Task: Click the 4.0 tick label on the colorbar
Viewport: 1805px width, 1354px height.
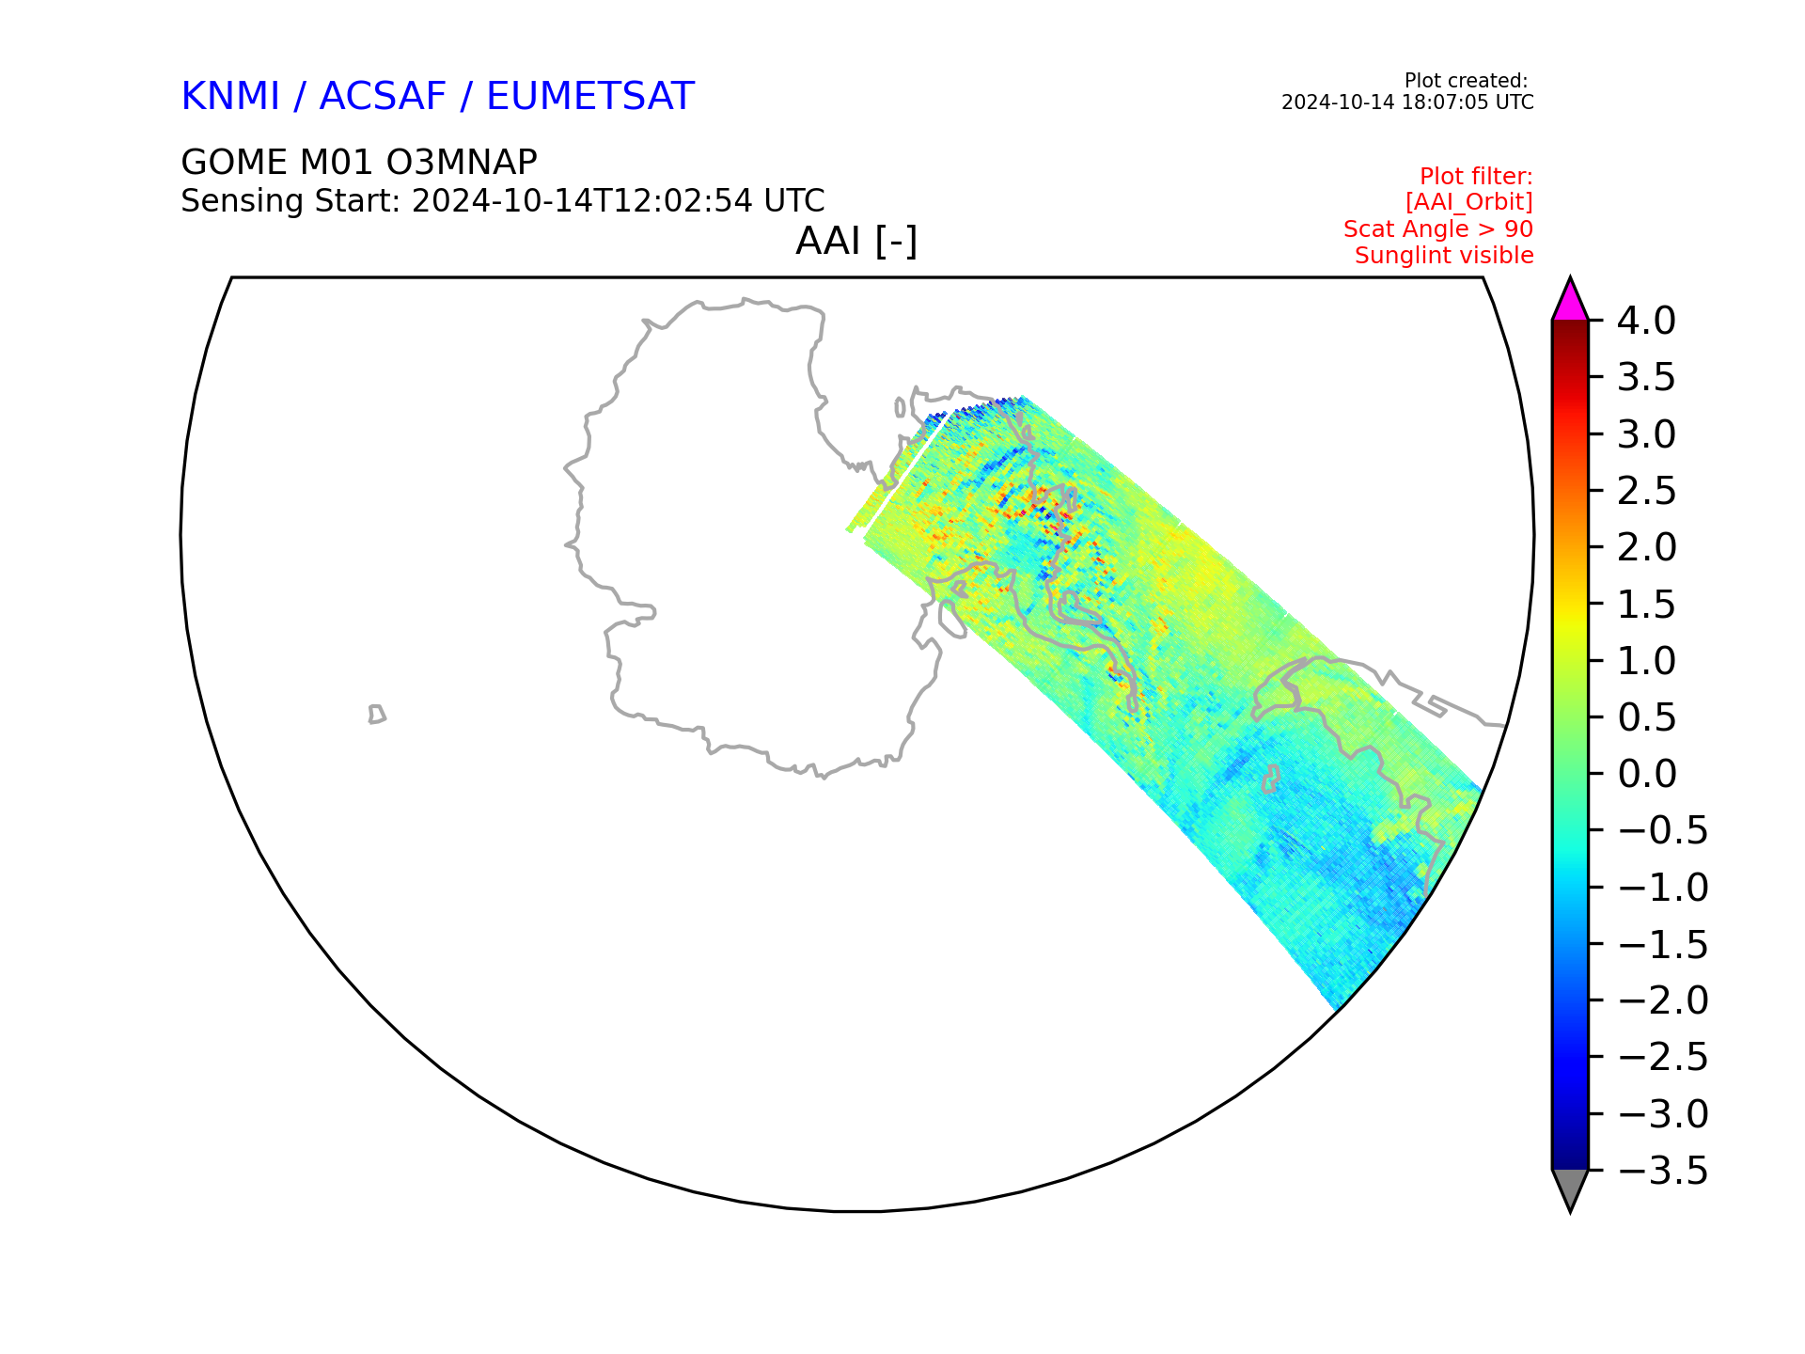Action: click(x=1646, y=321)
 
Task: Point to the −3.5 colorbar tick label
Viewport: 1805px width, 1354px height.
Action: click(x=1663, y=1172)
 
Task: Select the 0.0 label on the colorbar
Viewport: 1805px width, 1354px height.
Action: click(x=1647, y=774)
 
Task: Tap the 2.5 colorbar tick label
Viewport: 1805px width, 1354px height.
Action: click(x=1646, y=491)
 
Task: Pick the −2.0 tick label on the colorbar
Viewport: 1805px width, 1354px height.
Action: click(x=1663, y=1000)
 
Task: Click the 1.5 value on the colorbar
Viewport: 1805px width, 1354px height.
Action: click(x=1646, y=605)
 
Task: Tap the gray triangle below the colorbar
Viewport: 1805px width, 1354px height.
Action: click(x=1570, y=1190)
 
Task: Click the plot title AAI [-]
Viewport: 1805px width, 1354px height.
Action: click(x=856, y=242)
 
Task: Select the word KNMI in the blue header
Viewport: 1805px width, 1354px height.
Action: click(x=230, y=96)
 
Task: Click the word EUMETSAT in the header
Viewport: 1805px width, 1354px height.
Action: click(x=590, y=96)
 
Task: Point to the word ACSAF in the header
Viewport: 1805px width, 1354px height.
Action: click(x=383, y=96)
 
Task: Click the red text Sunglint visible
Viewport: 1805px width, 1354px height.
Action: click(x=1444, y=255)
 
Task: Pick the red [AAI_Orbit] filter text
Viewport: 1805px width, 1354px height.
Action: click(x=1469, y=202)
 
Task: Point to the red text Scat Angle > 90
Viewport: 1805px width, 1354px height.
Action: click(x=1438, y=228)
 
